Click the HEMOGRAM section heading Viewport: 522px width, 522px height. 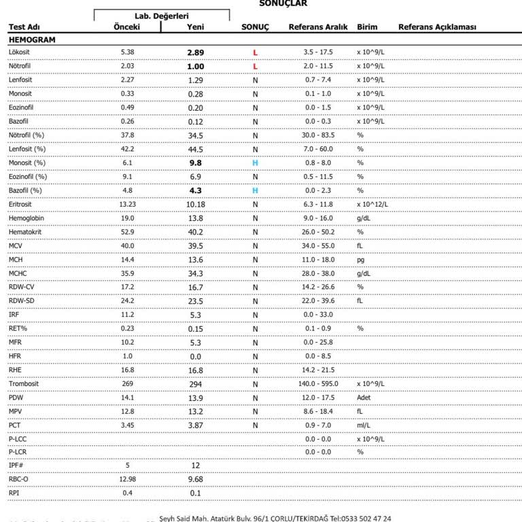click(x=33, y=39)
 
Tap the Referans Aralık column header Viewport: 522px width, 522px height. click(x=318, y=27)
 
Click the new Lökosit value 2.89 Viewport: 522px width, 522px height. click(x=196, y=52)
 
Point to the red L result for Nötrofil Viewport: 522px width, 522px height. click(x=256, y=67)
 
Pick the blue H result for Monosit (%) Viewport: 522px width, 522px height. click(x=256, y=163)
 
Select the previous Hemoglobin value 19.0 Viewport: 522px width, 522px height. click(x=126, y=218)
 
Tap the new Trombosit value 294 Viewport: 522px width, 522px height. click(x=196, y=384)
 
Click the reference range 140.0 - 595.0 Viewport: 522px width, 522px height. click(x=318, y=384)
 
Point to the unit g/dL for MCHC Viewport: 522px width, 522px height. click(x=364, y=273)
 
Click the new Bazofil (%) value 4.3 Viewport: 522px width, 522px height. click(x=196, y=191)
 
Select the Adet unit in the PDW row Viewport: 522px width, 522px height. click(x=365, y=398)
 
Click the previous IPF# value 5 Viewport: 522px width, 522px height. click(x=126, y=466)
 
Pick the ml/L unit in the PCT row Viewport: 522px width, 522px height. click(x=364, y=425)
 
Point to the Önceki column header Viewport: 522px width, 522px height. click(x=126, y=27)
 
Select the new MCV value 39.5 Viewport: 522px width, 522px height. click(x=196, y=246)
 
